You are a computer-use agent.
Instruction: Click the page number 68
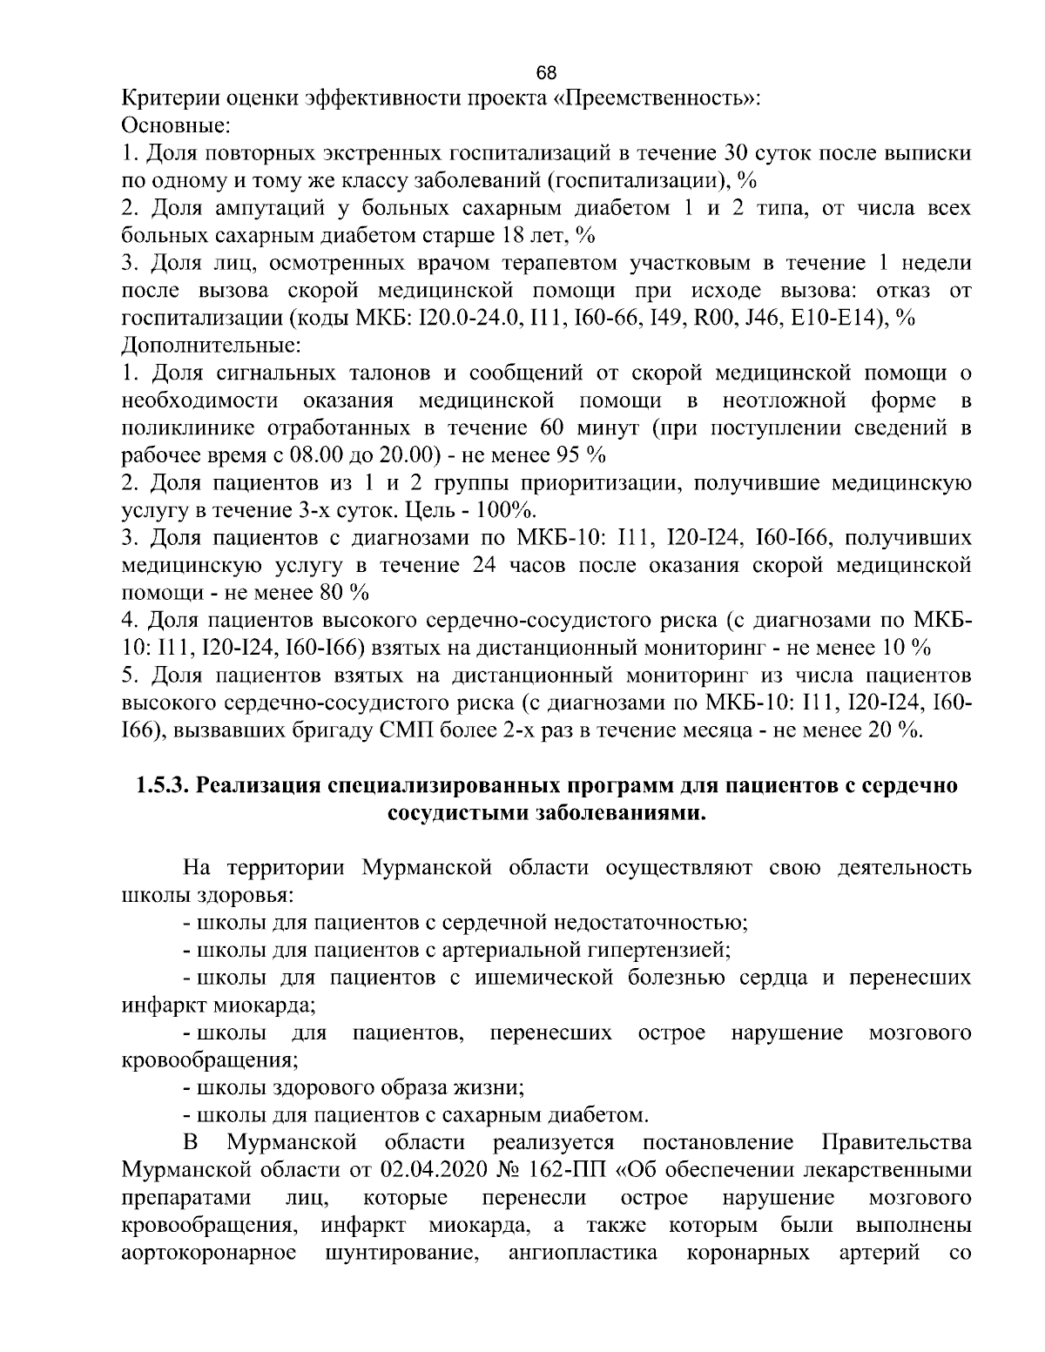[546, 71]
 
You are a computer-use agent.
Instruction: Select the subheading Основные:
[173, 125]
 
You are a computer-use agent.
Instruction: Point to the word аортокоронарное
[208, 1252]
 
